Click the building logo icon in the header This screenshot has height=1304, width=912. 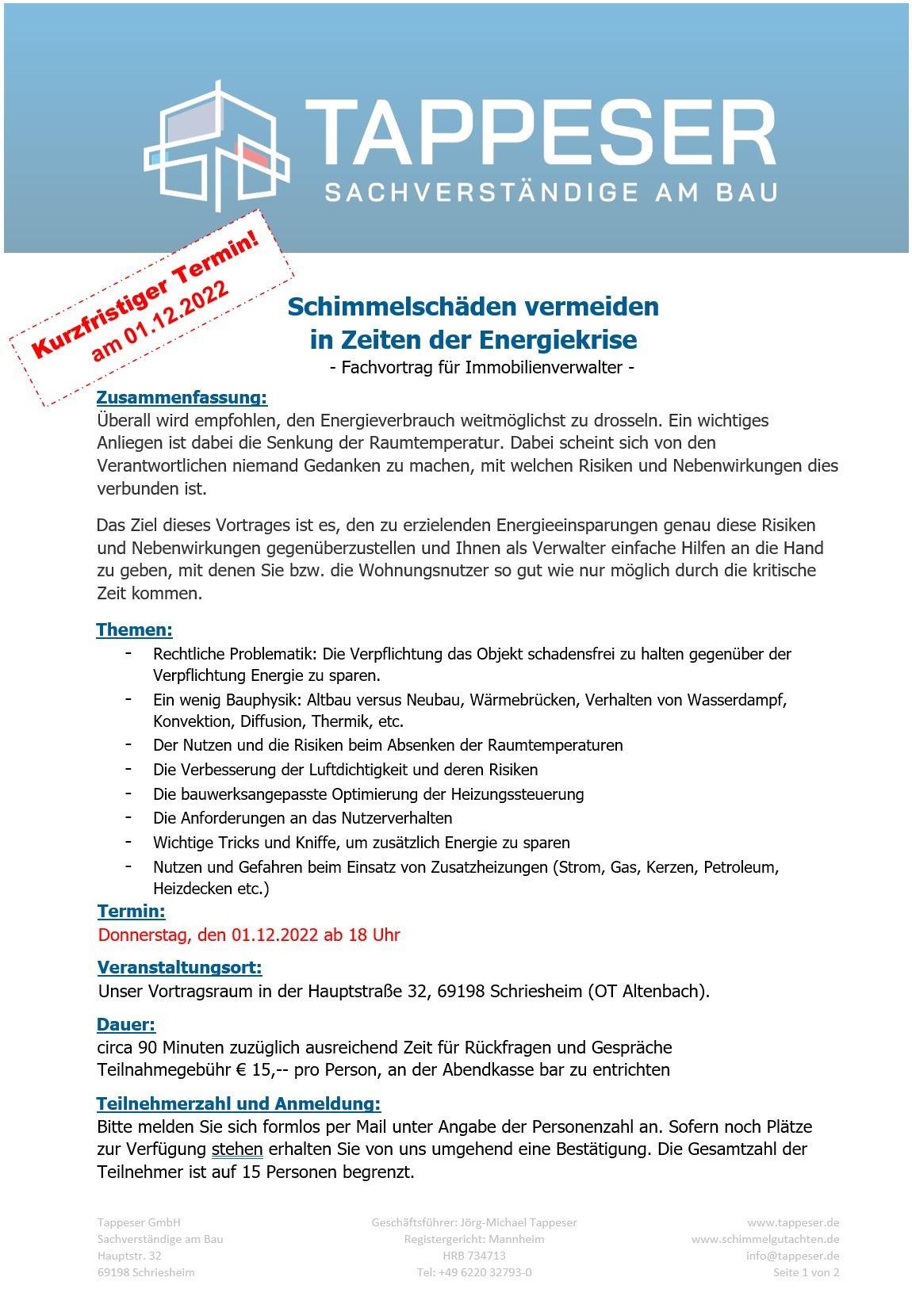[218, 147]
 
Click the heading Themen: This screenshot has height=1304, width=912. [134, 630]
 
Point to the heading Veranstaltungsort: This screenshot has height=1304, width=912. [179, 967]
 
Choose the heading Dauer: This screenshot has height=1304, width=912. [126, 1025]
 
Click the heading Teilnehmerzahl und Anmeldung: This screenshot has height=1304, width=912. [239, 1103]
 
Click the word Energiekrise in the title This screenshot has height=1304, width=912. [558, 340]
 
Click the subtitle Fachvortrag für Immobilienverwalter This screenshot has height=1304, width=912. [481, 368]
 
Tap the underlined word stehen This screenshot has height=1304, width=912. [237, 1149]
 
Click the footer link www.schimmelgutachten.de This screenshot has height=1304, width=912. [765, 1239]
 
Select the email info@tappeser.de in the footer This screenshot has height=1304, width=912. [792, 1256]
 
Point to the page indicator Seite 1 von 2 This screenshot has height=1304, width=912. [806, 1272]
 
